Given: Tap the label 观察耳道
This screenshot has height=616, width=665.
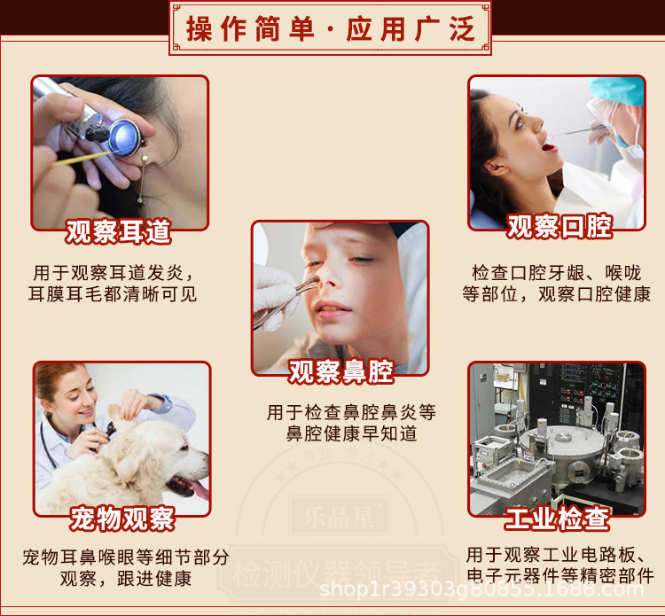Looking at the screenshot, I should pos(118,232).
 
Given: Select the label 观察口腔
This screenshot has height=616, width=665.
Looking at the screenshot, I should pos(559,226).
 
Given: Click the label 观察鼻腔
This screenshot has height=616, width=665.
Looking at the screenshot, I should pos(340,371).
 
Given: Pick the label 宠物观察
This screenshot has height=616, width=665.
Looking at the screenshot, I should pos(121,519).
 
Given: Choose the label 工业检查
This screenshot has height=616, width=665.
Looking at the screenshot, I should pos(557,519).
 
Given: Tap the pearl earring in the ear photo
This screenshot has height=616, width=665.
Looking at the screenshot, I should pos(144,159).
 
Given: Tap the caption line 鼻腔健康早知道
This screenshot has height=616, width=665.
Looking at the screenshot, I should pos(351,433).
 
